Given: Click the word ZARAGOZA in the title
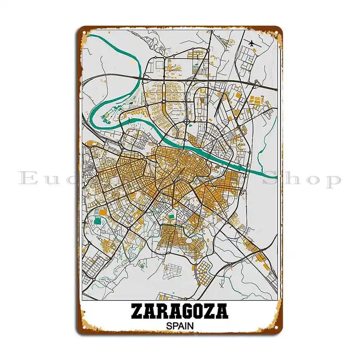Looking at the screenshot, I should [x=180, y=311].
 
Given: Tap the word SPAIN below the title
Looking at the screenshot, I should [x=180, y=325].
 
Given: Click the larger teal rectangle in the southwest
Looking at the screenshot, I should [x=98, y=221].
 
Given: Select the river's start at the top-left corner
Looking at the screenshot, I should [x=90, y=36].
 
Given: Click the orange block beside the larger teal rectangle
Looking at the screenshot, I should [x=103, y=211].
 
